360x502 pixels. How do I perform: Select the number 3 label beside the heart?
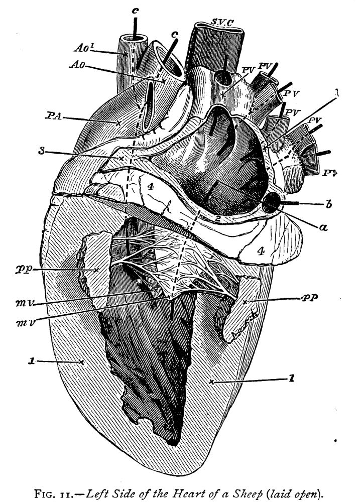[x=41, y=150]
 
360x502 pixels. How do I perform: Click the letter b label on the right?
[x=328, y=204]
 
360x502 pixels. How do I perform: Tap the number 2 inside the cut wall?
[x=217, y=219]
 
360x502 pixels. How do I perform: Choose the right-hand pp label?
[x=310, y=298]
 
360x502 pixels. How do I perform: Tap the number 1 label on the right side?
[x=291, y=379]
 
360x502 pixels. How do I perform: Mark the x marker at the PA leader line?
[x=118, y=123]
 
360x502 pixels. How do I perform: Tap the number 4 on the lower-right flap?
[x=261, y=252]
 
